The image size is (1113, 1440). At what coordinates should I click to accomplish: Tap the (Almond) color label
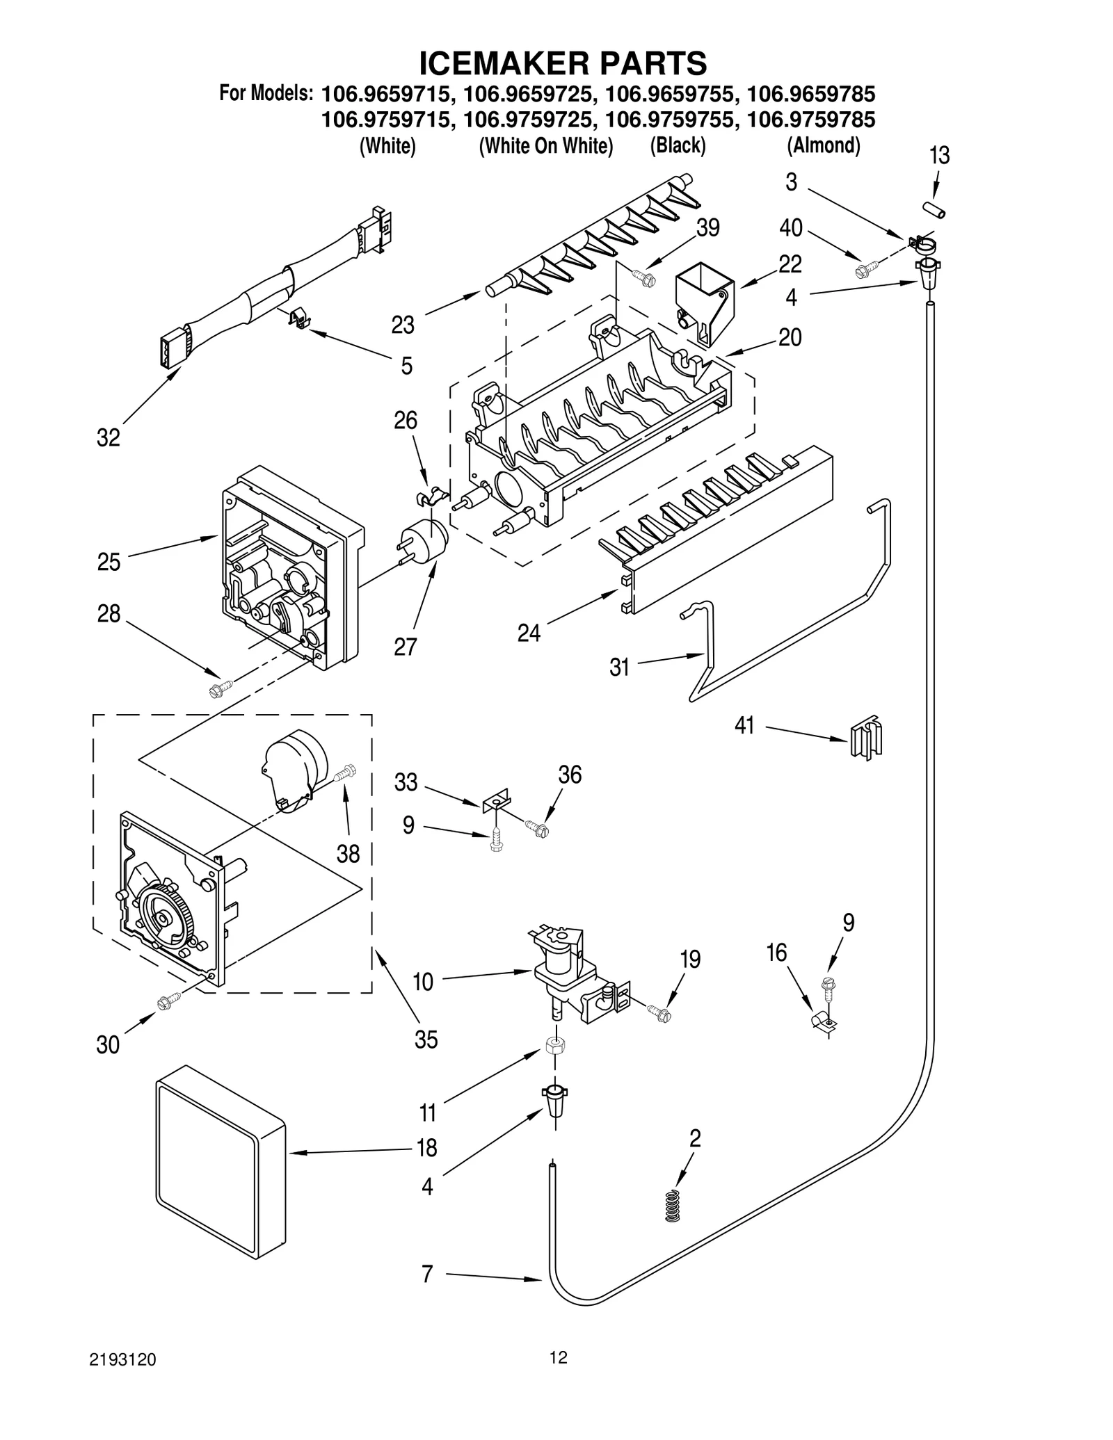[x=824, y=146]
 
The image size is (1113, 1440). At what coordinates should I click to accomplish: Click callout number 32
[x=108, y=437]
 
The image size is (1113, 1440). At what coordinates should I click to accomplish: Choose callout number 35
[x=426, y=1039]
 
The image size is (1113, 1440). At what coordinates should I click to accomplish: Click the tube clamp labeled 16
[x=823, y=1021]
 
